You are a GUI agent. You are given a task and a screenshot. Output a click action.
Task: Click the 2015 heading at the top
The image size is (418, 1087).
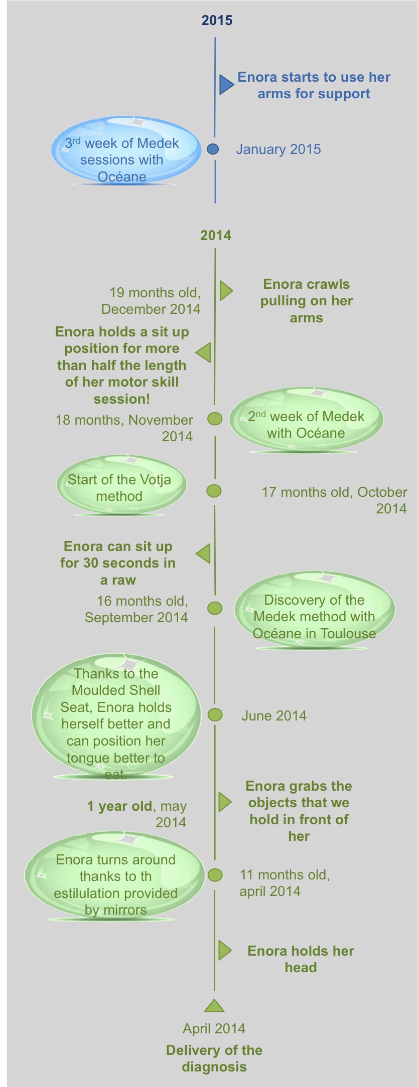pos(217,21)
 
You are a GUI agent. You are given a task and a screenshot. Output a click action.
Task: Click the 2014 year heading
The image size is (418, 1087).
pos(216,235)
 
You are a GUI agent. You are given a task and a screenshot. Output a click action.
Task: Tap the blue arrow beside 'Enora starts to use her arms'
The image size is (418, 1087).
pos(226,84)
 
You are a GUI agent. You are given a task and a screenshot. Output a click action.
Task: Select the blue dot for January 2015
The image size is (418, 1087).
pos(213,149)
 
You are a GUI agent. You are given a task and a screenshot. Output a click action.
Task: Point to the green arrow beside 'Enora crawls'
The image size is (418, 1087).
pos(226,290)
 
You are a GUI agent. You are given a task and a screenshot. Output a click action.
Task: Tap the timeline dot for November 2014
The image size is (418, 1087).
pos(215,419)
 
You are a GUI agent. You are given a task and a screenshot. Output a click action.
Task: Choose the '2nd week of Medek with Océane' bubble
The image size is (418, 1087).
pos(306,420)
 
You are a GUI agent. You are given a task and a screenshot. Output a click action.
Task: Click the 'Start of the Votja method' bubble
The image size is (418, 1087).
pos(121,485)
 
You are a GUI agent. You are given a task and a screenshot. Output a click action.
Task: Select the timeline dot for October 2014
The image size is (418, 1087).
pos(214,491)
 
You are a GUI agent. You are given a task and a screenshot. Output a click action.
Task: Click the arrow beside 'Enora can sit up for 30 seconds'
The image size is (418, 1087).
pos(203,554)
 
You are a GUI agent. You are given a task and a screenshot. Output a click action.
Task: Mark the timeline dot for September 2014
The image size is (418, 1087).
pos(215,608)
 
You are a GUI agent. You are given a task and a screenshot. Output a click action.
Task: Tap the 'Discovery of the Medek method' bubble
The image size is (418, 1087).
pos(315,611)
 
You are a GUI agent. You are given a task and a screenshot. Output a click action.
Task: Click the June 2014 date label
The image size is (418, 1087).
pos(274,715)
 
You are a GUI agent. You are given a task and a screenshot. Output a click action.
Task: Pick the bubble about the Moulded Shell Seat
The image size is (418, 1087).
pos(116,716)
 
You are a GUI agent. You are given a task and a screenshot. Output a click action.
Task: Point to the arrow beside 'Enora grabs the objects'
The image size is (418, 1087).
pos(225,802)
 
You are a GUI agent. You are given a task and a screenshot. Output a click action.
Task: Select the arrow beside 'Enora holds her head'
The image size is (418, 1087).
pos(225,951)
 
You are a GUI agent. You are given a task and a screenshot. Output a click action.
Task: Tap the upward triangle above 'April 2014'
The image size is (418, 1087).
pos(214,1005)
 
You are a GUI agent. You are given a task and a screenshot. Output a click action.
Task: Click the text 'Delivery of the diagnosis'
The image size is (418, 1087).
pos(214,1058)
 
